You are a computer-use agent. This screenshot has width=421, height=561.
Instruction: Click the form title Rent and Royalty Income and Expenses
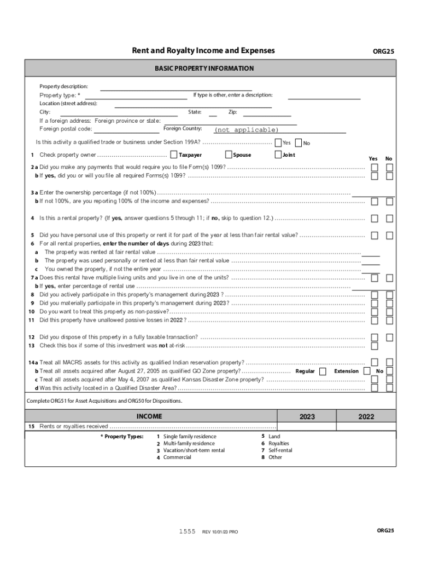coord(203,51)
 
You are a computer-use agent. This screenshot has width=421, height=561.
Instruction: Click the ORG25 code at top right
coord(383,51)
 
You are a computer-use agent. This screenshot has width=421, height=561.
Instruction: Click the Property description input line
coord(176,87)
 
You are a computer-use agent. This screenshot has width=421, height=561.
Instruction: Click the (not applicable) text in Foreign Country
coord(246,130)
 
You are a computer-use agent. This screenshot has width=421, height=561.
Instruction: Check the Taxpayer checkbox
coord(173,155)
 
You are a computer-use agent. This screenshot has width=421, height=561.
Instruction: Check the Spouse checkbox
coord(228,155)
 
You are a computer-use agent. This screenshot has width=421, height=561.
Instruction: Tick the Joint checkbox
coord(278,155)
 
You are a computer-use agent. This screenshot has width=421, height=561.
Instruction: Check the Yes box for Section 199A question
coord(278,143)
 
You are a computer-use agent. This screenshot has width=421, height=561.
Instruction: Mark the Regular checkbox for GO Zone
coord(323,371)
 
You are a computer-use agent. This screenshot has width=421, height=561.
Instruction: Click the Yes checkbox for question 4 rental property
coord(374,219)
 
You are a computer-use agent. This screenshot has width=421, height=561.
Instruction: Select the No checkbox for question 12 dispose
coord(389,337)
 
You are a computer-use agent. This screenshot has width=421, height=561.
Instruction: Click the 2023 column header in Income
coord(307,417)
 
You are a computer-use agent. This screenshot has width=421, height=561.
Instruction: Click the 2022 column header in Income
coord(366,417)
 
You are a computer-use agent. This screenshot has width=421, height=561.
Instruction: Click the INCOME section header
coord(149,416)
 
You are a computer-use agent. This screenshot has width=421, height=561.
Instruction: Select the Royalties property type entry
coord(279,443)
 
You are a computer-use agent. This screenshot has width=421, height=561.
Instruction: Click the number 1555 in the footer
coord(188,531)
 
